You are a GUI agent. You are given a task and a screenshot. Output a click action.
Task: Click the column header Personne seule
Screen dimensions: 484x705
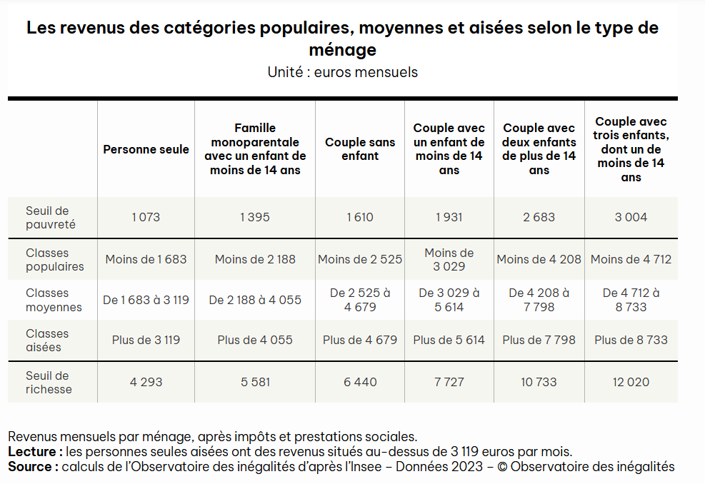point(146,149)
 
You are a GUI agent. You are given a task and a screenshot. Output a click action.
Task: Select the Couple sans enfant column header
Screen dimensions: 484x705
point(360,149)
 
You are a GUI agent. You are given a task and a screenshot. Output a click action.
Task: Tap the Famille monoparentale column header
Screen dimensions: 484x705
point(255,149)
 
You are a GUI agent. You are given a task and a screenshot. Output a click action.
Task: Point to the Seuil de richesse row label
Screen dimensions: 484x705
point(49,383)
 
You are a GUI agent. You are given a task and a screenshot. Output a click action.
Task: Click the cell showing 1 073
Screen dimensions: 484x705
point(146,217)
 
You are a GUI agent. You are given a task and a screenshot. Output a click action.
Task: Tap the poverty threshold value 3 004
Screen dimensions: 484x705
point(631,217)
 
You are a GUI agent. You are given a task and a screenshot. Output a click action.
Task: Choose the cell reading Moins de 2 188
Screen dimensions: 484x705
point(255,259)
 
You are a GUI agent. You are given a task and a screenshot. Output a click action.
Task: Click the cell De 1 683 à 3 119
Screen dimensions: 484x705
point(146,300)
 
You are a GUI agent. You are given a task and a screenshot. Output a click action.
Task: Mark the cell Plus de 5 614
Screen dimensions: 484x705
point(449,340)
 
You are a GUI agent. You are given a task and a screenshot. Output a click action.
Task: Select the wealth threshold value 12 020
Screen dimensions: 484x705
point(631,382)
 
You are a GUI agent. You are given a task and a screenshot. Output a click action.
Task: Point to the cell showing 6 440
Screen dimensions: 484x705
point(360,382)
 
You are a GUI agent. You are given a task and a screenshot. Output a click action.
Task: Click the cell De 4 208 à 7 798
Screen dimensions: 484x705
point(539,300)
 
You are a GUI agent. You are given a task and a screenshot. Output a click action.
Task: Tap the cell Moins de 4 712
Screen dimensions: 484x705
point(631,259)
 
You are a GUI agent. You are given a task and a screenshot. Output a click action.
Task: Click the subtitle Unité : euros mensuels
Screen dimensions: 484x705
point(343,72)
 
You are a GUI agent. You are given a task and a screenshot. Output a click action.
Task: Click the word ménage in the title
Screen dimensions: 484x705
point(343,50)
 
